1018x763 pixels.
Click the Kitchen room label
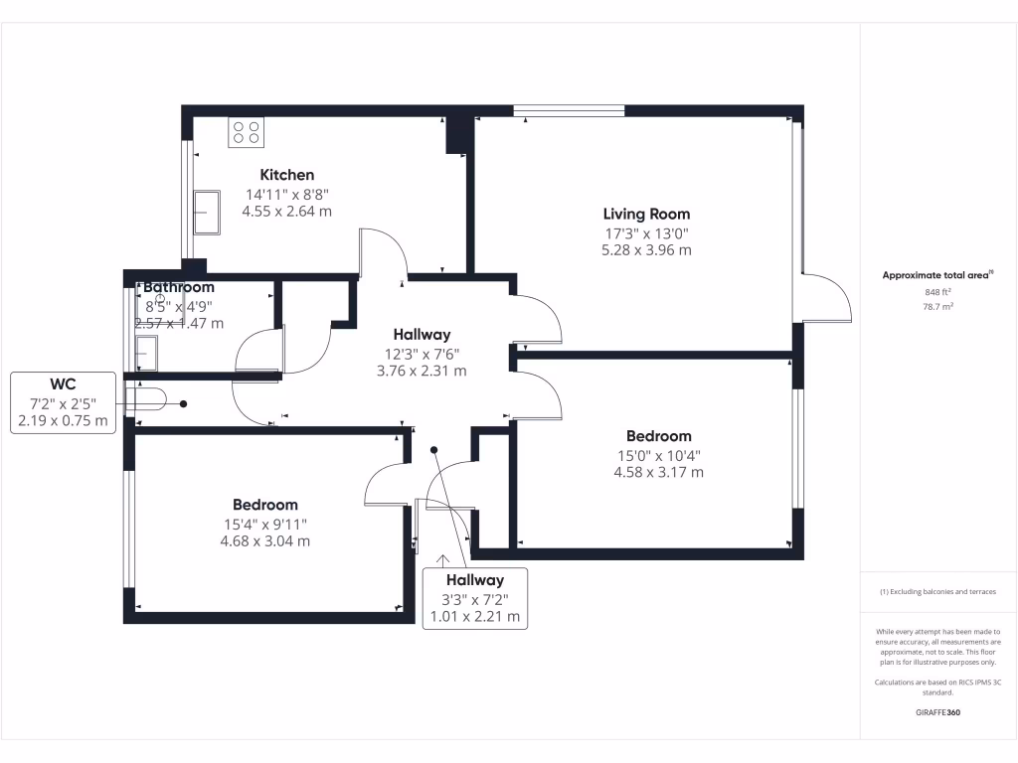click(x=286, y=175)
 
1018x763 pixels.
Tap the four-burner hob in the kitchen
click(x=246, y=132)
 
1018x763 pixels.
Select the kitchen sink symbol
click(x=208, y=212)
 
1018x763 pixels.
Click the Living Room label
click(x=646, y=214)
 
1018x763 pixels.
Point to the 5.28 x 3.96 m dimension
click(x=646, y=250)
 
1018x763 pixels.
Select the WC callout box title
click(x=64, y=383)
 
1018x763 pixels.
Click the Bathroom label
click(x=179, y=287)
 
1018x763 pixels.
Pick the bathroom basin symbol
click(x=146, y=352)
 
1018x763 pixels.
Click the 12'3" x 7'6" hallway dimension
click(x=422, y=353)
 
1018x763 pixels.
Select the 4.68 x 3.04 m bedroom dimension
click(x=265, y=541)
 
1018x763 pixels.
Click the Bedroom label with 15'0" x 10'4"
click(x=658, y=436)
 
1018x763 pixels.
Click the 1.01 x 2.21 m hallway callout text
click(x=474, y=617)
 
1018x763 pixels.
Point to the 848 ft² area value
click(x=937, y=292)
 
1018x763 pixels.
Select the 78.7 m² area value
click(x=937, y=307)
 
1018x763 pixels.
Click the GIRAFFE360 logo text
click(x=937, y=712)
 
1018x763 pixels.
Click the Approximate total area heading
click(x=937, y=275)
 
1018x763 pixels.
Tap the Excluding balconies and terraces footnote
click(x=937, y=591)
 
